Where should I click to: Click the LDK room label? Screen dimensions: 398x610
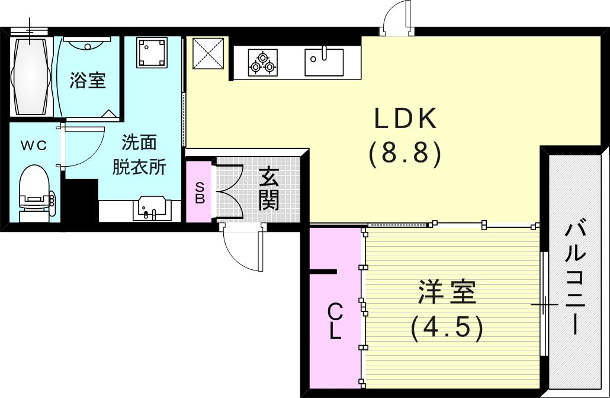tap(405, 119)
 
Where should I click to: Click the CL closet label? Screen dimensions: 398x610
tap(335, 321)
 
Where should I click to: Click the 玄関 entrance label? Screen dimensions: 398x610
tap(268, 189)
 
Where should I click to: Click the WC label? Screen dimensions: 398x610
tap(33, 145)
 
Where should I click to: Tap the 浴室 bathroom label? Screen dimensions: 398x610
tap(88, 80)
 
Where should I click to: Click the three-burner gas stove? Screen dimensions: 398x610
tap(262, 63)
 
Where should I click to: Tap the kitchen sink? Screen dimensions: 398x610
tap(324, 62)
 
